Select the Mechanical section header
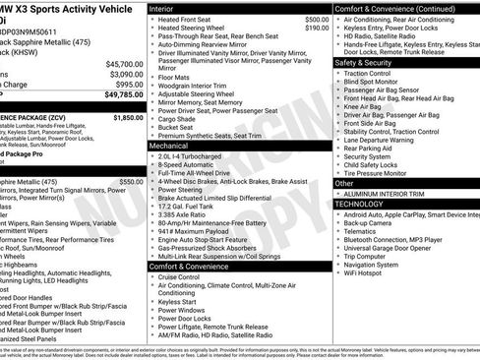coord(168,145)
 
